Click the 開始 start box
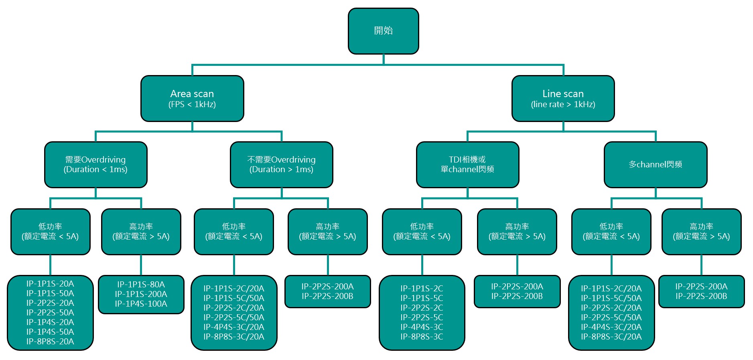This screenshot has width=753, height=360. coord(383,31)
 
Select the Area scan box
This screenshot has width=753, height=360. coord(192,98)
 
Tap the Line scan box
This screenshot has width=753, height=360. coord(563,98)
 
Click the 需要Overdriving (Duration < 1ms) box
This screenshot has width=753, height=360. coord(95,165)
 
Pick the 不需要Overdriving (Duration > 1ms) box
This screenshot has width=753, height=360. coord(281,165)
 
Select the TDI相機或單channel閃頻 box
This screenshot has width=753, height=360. coord(467,165)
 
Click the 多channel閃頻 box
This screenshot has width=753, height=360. coord(656,165)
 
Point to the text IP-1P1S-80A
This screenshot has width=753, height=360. coord(141,285)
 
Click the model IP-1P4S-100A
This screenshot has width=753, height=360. coord(141,304)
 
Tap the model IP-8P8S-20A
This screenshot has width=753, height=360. coord(50,342)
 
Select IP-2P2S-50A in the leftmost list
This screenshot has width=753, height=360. coord(50,313)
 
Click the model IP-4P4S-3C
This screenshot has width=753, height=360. coord(422,327)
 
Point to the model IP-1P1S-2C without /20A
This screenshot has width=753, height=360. coord(422,289)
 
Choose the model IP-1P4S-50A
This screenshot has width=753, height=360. coord(50,332)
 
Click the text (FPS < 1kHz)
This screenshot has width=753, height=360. coord(192,104)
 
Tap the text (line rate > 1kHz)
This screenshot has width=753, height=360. coord(563,104)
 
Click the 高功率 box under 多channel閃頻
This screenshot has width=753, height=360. coord(701,232)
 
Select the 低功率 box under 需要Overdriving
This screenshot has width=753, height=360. coord(50,232)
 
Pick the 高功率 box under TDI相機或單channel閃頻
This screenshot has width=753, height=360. coord(517,232)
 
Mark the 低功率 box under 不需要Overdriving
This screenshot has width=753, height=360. coord(233,232)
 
